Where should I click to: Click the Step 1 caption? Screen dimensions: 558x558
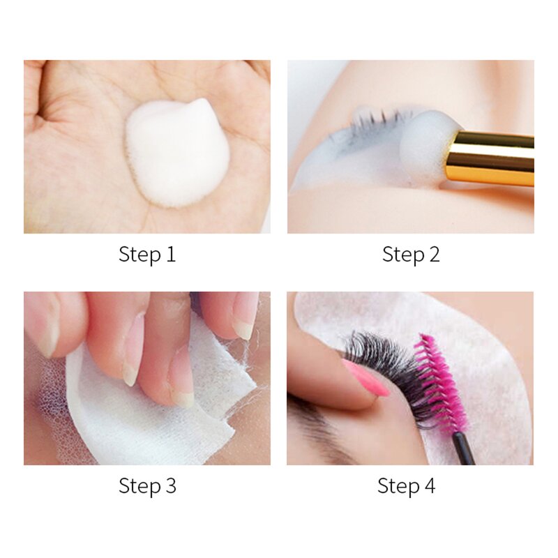(x=147, y=255)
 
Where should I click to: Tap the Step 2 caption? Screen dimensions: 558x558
(x=411, y=255)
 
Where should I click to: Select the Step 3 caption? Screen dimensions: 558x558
(x=147, y=485)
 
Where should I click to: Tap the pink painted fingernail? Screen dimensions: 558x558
(x=365, y=380)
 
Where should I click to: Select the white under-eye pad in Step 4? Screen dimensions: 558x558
(x=488, y=363)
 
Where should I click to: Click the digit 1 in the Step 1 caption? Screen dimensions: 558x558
(x=170, y=255)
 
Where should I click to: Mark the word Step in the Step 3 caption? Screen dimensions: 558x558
(x=137, y=485)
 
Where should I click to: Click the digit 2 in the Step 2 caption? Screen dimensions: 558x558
(x=433, y=255)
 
